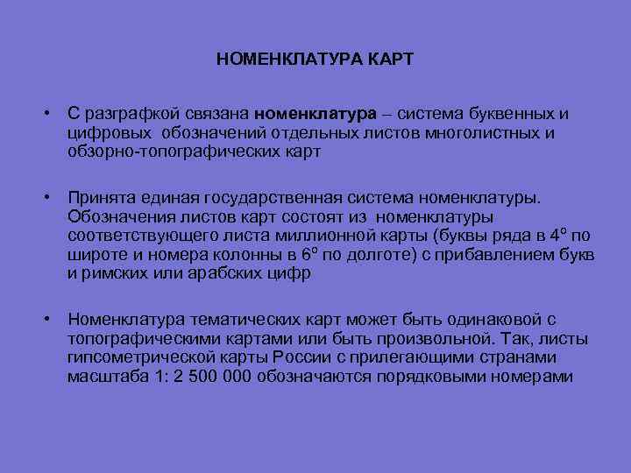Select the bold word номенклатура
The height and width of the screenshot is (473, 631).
[x=313, y=114]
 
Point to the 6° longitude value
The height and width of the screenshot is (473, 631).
[x=307, y=254]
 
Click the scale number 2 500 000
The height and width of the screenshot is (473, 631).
[x=208, y=378]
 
